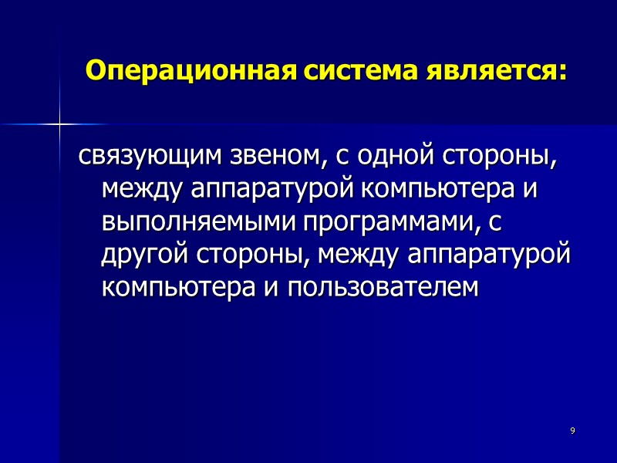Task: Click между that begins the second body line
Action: tap(143, 190)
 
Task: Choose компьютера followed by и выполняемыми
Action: tap(433, 190)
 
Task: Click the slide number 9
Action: tap(572, 430)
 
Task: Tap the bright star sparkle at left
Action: tap(59, 123)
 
